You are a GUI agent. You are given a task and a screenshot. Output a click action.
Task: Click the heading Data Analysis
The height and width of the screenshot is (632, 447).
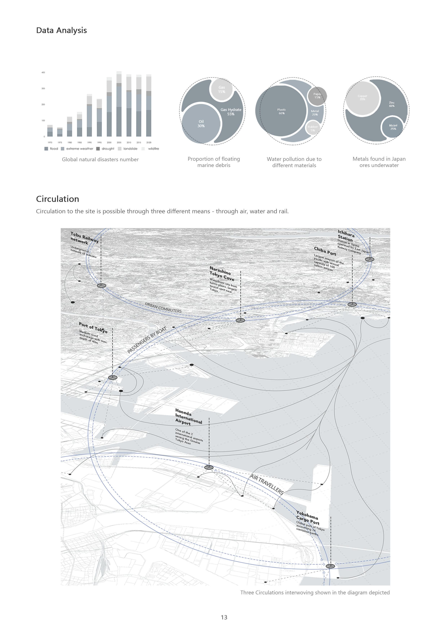[61, 30]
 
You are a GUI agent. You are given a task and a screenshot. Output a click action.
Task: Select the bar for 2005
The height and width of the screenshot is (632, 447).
[119, 105]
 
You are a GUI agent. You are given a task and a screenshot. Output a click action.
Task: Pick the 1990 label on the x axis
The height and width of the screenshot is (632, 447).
[89, 143]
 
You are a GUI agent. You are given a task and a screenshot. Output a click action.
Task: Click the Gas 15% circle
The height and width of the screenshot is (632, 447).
[222, 90]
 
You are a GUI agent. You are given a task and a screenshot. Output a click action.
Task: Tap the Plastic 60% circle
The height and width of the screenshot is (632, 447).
[282, 111]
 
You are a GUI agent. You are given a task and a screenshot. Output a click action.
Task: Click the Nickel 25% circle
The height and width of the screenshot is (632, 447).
[393, 127]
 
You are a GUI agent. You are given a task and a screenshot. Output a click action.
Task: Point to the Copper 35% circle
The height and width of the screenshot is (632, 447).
[362, 98]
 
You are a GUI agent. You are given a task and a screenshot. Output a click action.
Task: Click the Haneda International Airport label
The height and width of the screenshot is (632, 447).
[188, 417]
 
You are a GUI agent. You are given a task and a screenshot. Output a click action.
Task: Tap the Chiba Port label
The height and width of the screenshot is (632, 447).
[325, 251]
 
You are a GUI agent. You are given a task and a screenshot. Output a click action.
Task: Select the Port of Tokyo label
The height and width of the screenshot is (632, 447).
[93, 327]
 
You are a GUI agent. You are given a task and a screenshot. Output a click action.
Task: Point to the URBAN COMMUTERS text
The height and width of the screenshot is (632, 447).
[163, 308]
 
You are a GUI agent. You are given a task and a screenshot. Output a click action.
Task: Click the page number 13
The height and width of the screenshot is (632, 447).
[224, 617]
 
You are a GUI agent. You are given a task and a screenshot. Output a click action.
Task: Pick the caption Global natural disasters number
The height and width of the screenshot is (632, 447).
[100, 159]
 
